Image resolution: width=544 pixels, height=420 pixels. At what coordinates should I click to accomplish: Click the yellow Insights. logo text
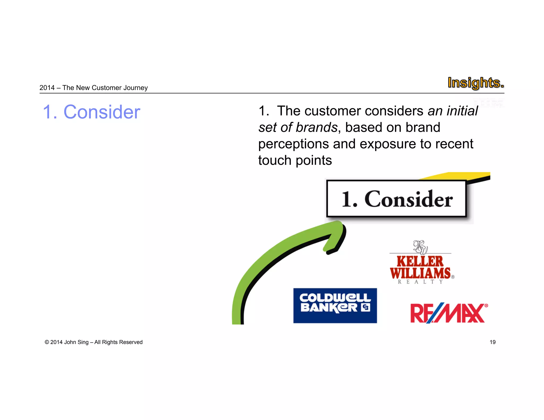pos(475,83)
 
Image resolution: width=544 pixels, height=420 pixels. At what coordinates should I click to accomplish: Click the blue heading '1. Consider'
pos(91,112)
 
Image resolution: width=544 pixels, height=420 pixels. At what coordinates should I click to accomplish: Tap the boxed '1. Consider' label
pos(397,199)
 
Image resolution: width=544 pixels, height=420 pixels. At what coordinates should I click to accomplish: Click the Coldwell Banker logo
pos(335,306)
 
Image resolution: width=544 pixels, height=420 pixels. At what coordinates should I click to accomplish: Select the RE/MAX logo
pos(449,313)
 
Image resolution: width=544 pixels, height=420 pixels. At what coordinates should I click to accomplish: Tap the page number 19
pos(492,342)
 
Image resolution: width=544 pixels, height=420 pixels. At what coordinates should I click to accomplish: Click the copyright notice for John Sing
pos(93,342)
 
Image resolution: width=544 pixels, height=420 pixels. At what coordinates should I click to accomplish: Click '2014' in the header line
pos(47,88)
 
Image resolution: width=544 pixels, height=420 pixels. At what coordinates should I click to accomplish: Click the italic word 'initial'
pos(462,111)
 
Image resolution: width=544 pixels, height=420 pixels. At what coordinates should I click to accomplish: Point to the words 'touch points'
pos(295,160)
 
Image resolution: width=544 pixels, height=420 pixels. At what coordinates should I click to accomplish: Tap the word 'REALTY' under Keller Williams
pos(420,282)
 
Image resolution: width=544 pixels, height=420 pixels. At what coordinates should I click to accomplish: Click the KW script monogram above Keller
pos(420,247)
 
